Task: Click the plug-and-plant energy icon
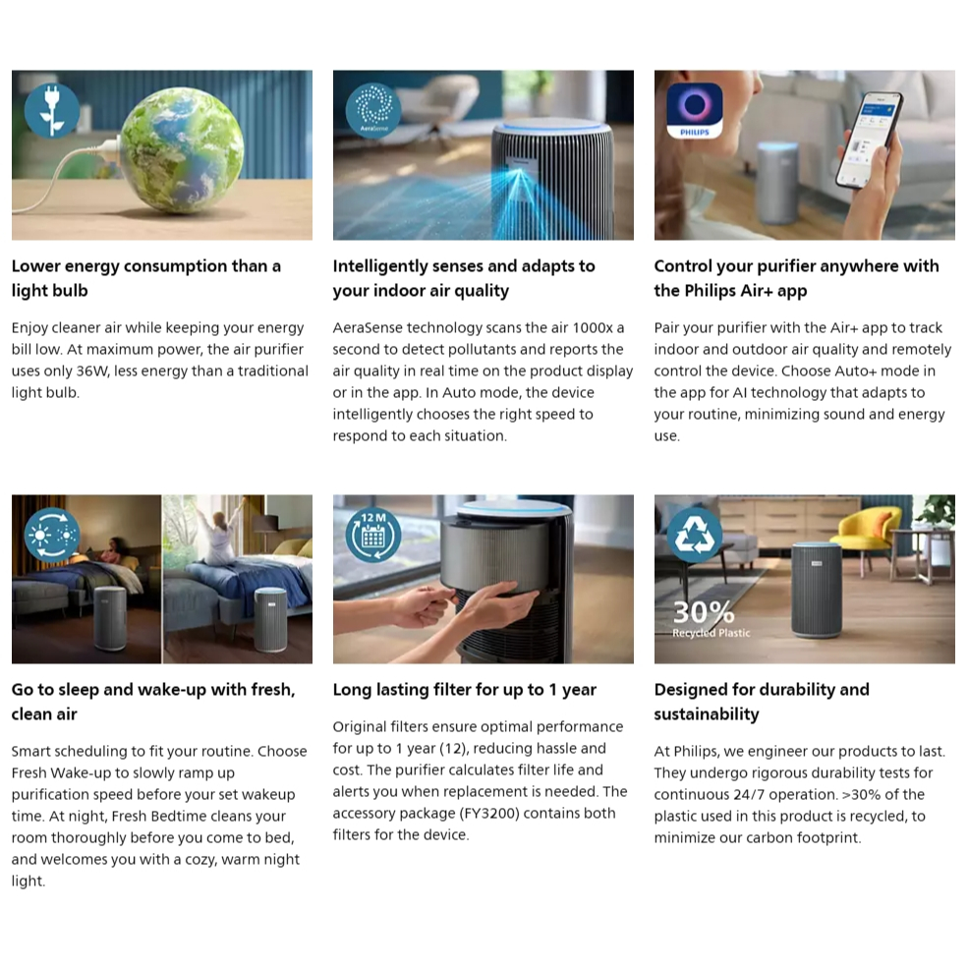coord(52,111)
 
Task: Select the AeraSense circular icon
coord(372,111)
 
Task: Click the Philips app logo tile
coord(695,111)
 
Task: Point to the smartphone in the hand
coord(869,141)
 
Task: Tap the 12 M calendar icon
coord(372,535)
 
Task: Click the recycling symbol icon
coord(695,535)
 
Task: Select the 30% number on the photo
coord(704,612)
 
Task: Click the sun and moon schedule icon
coord(52,535)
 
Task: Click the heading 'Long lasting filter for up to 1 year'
coord(464,690)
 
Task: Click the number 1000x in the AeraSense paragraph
coord(592,328)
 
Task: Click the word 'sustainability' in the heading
coord(707,714)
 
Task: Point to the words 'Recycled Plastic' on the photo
coord(712,633)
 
